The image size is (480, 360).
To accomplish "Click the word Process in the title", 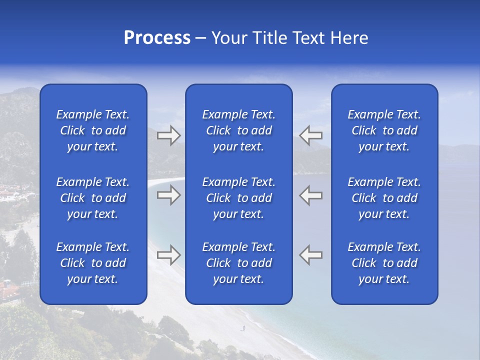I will pyautogui.click(x=157, y=38).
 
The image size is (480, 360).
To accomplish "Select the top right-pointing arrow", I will pyautogui.click(x=168, y=135).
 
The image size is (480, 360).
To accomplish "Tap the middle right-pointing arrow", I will pyautogui.click(x=168, y=195).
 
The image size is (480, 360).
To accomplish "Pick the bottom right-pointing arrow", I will pyautogui.click(x=168, y=255).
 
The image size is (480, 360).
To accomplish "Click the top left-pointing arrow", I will pyautogui.click(x=310, y=135).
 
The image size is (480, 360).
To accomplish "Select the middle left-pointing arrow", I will pyautogui.click(x=310, y=195).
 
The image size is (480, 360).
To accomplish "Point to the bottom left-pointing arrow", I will pyautogui.click(x=310, y=255).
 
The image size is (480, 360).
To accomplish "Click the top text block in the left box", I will pyautogui.click(x=93, y=130).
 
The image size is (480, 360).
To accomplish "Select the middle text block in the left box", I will pyautogui.click(x=93, y=198).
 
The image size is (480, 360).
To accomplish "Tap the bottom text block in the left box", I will pyautogui.click(x=93, y=263).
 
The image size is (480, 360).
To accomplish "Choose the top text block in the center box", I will pyautogui.click(x=239, y=130).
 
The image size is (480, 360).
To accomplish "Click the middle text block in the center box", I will pyautogui.click(x=239, y=198).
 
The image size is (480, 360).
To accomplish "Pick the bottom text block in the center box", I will pyautogui.click(x=239, y=263).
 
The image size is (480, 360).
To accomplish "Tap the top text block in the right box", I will pyautogui.click(x=384, y=130).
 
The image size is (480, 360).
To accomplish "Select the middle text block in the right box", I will pyautogui.click(x=384, y=198).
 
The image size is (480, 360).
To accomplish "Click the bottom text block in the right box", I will pyautogui.click(x=384, y=263).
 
